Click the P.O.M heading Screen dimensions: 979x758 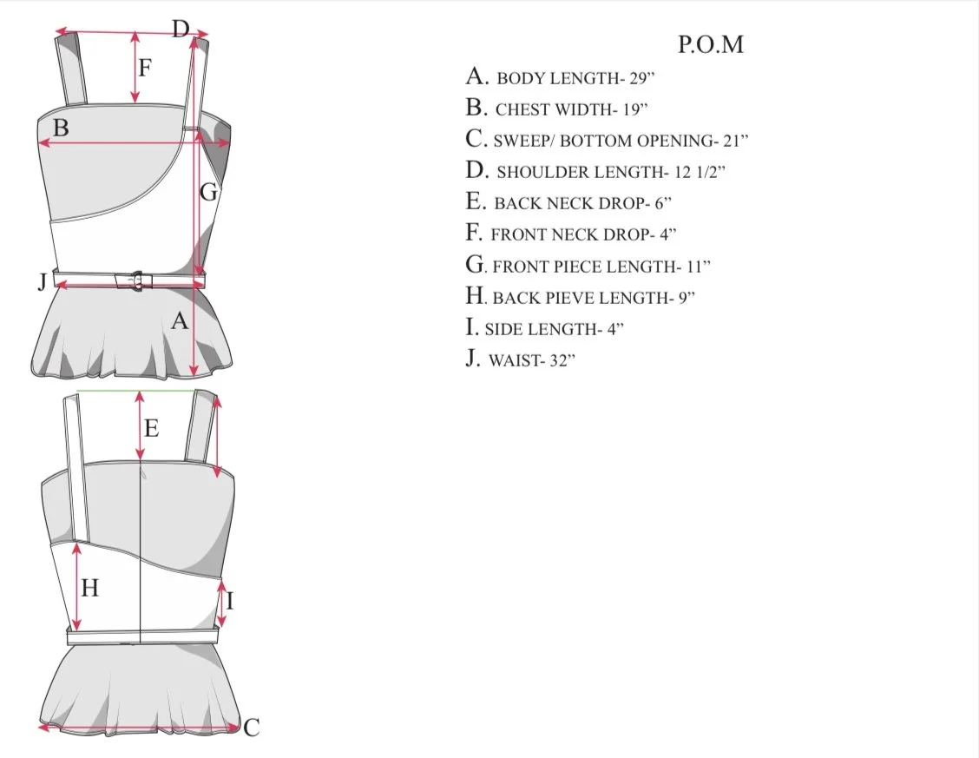[x=711, y=44]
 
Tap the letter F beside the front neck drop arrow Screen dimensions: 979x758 [x=145, y=68]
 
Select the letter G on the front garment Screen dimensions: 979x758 [x=209, y=192]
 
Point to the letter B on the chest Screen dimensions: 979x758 [x=61, y=128]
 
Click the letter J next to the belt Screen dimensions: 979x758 [x=43, y=281]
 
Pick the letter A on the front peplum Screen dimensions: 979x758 [x=180, y=321]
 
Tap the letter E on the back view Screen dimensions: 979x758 [x=151, y=428]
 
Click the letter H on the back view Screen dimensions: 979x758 [x=90, y=588]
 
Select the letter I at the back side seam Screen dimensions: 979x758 [x=230, y=601]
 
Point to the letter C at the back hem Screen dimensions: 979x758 [x=251, y=728]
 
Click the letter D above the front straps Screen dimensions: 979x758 [x=181, y=29]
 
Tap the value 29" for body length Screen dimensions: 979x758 [x=642, y=78]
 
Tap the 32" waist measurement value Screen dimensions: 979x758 [x=562, y=361]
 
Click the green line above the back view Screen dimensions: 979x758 [x=137, y=391]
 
